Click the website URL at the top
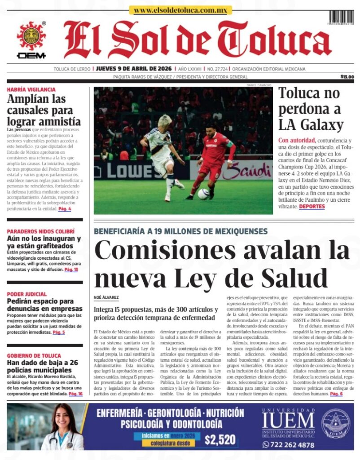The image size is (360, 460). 180,10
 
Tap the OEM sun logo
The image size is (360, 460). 31,36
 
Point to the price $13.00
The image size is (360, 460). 347,77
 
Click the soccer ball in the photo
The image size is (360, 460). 203,193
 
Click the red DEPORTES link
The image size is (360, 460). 312,206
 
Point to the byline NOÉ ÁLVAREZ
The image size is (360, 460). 106,297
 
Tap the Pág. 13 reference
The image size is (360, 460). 71,270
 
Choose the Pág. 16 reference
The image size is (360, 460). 75,394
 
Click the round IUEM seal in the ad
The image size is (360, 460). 336,424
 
